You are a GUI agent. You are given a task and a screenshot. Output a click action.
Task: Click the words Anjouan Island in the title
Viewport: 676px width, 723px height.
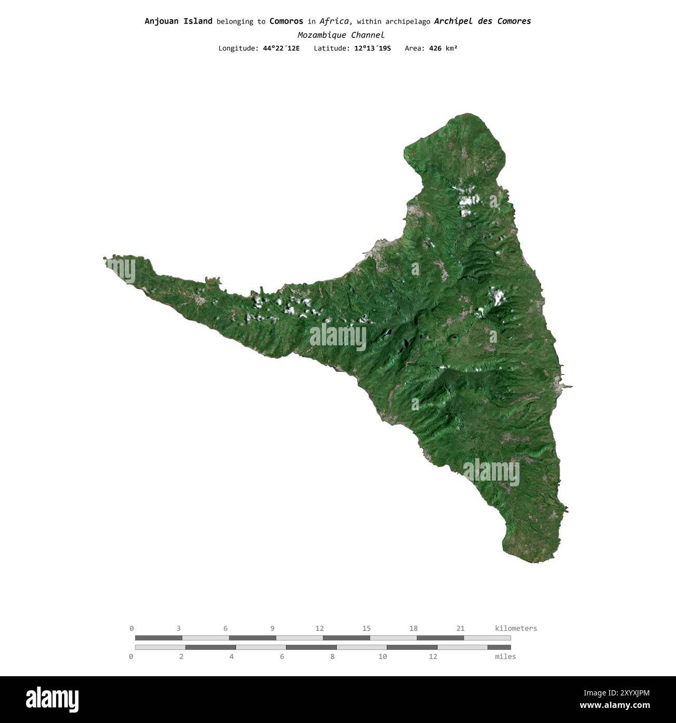point(178,21)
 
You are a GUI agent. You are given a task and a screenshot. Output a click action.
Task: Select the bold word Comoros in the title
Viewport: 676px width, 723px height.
point(286,21)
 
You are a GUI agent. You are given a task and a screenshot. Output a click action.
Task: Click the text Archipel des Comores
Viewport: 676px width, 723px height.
point(482,21)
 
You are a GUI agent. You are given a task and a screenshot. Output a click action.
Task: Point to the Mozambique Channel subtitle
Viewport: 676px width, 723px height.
point(341,35)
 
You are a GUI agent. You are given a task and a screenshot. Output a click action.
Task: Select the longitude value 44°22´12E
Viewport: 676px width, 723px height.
point(281,48)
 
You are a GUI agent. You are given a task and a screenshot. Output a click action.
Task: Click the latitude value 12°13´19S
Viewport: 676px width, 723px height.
point(369,48)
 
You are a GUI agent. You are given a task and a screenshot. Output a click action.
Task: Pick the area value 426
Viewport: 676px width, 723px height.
point(435,48)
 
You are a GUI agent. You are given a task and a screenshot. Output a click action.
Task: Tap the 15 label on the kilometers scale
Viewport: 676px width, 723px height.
point(367,628)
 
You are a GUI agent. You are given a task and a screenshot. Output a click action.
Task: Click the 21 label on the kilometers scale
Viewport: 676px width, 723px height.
point(460,628)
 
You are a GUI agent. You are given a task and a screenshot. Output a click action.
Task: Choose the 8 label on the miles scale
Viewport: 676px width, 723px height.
point(332,656)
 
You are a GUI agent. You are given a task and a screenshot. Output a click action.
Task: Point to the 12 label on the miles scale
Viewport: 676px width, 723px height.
point(433,656)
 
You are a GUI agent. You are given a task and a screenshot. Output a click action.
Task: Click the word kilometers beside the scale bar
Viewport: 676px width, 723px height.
point(516,628)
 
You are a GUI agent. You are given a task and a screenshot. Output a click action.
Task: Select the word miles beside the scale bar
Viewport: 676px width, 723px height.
point(505,656)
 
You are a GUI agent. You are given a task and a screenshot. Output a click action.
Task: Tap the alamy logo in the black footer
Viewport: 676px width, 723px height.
point(52,699)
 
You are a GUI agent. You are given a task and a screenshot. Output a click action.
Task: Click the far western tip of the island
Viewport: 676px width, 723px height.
point(105,258)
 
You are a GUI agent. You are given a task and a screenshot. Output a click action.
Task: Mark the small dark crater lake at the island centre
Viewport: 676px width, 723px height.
point(387,333)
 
